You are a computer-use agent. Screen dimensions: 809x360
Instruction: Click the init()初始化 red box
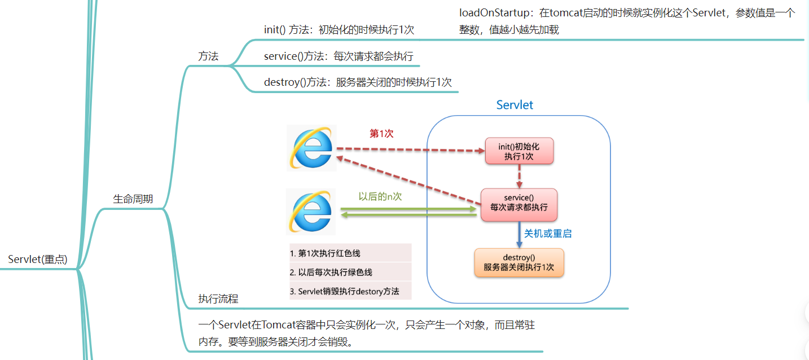pyautogui.click(x=519, y=151)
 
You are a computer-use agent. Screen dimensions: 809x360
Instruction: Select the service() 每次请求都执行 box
pyautogui.click(x=518, y=205)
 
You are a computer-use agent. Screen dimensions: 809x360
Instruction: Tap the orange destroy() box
pyautogui.click(x=518, y=262)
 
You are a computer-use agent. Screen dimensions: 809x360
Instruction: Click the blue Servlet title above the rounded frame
pyautogui.click(x=515, y=105)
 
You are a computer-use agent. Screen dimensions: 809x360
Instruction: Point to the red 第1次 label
pyautogui.click(x=381, y=134)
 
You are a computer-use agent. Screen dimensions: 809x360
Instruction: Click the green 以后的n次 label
pyautogui.click(x=380, y=196)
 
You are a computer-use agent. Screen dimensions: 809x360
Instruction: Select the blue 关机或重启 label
pyautogui.click(x=548, y=234)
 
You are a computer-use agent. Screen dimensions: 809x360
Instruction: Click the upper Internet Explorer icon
pyautogui.click(x=311, y=148)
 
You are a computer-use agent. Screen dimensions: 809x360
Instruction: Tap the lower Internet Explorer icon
pyautogui.click(x=311, y=212)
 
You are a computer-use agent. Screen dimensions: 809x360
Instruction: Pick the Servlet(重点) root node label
pyautogui.click(x=38, y=259)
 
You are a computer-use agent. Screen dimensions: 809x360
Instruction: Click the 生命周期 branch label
pyautogui.click(x=133, y=199)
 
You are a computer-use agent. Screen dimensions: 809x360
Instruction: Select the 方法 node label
pyautogui.click(x=208, y=56)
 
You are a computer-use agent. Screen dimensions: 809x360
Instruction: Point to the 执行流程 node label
pyautogui.click(x=218, y=298)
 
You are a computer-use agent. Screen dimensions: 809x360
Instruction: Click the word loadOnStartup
pyautogui.click(x=494, y=13)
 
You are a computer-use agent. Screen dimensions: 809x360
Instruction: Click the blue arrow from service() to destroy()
pyautogui.click(x=520, y=235)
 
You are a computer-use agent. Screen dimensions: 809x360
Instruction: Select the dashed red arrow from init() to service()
pyautogui.click(x=520, y=176)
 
